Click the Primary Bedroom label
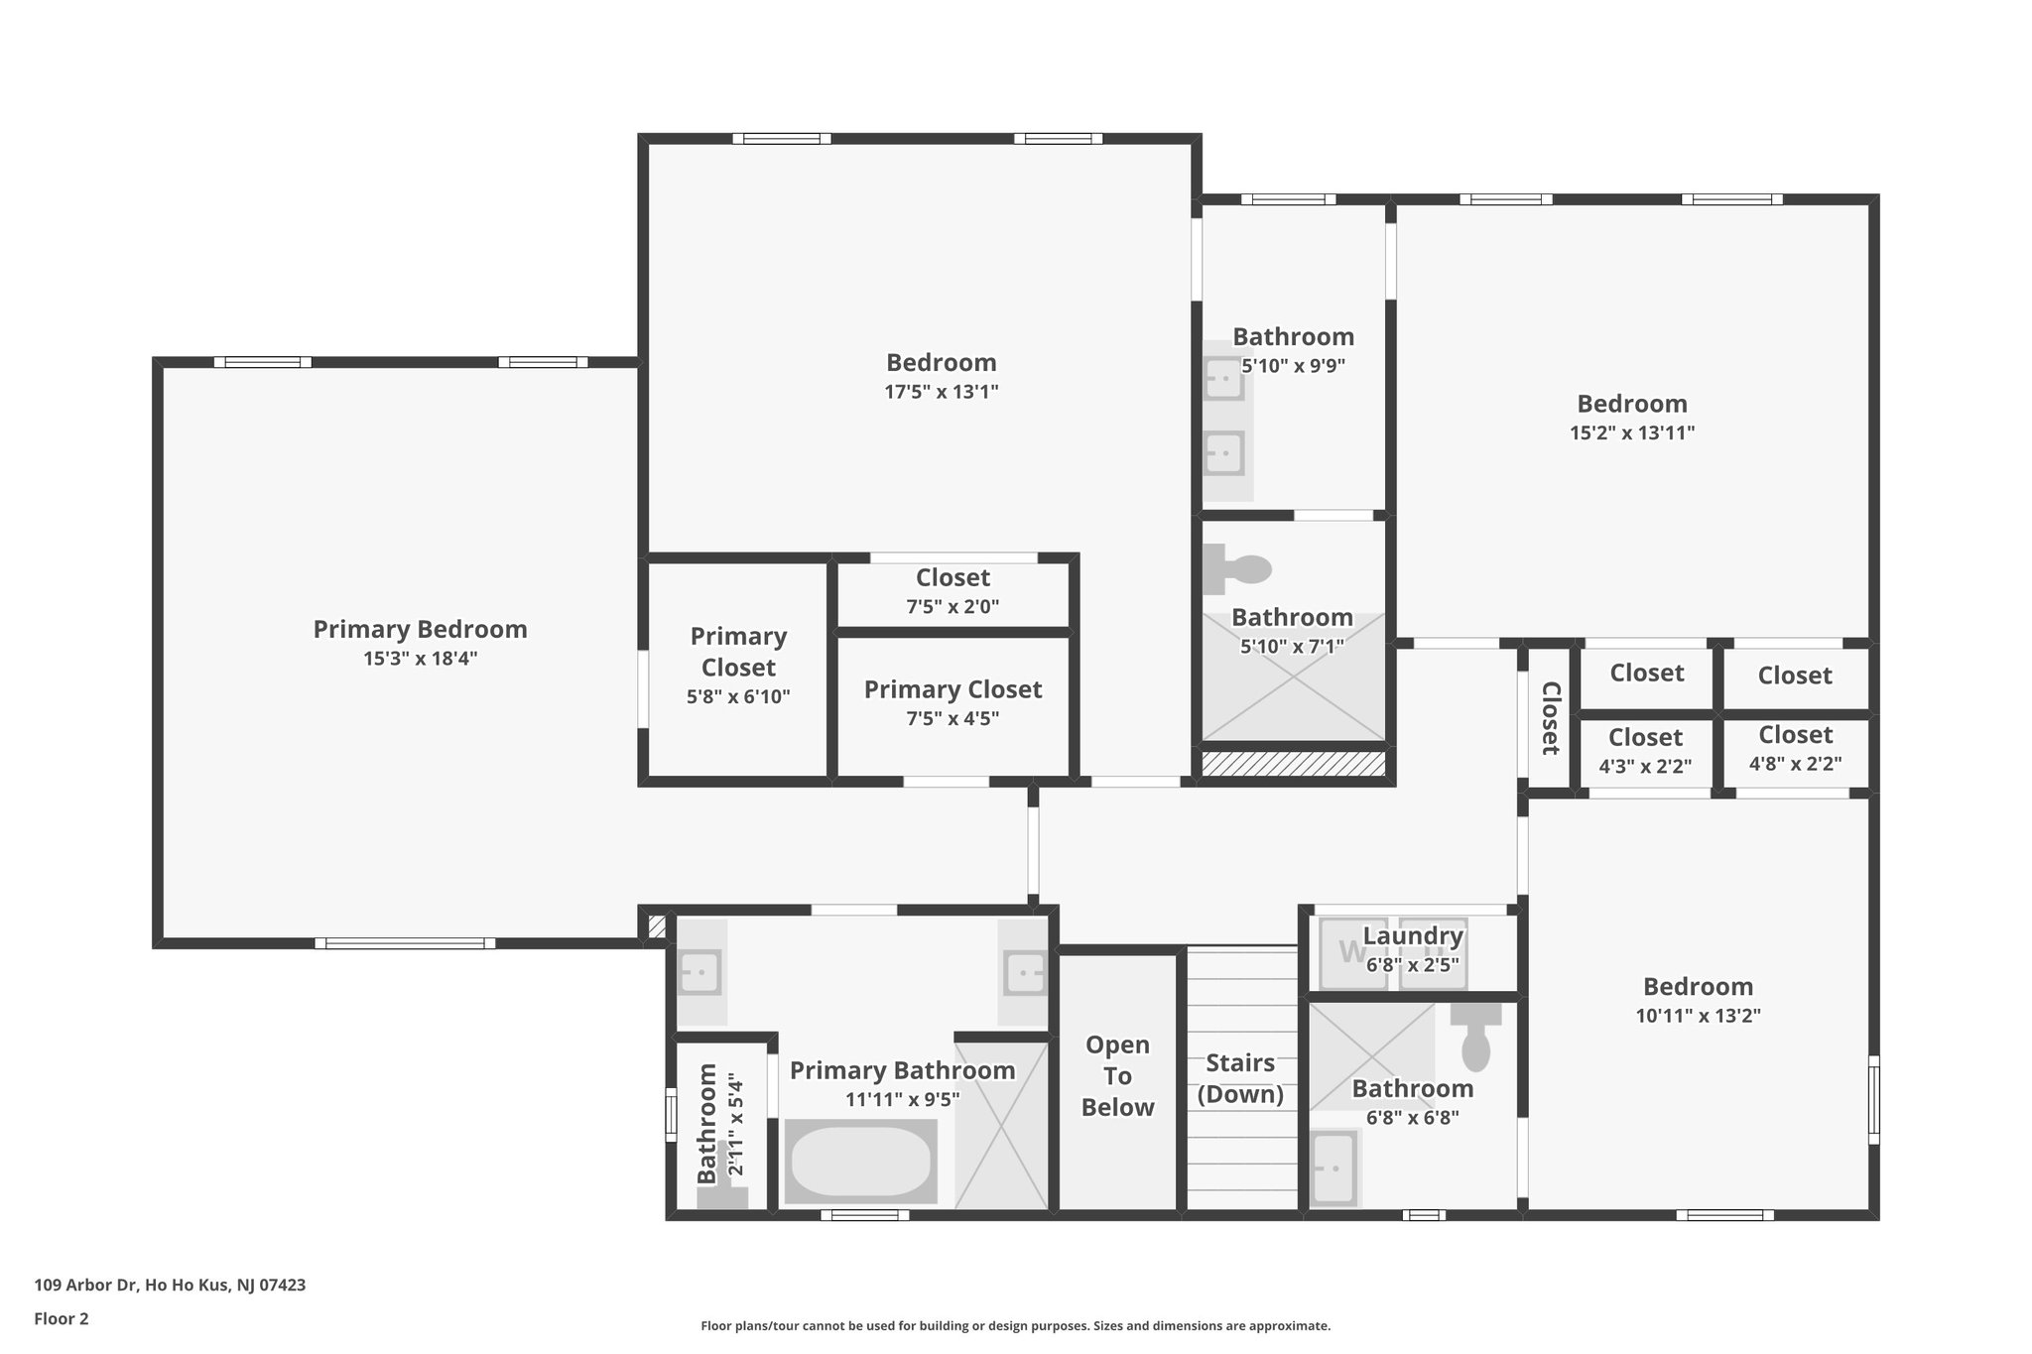click(420, 629)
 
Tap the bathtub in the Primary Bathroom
click(860, 1161)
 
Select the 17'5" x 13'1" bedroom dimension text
click(941, 392)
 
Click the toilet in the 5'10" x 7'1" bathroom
click(1238, 568)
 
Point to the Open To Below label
click(1117, 1076)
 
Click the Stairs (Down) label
click(1240, 1078)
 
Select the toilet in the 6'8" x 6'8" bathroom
click(1475, 1037)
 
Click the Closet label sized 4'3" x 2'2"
click(1645, 738)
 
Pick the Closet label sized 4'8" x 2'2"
click(1795, 735)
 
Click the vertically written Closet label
click(1550, 718)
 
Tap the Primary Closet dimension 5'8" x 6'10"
click(738, 697)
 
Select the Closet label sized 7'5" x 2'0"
click(952, 577)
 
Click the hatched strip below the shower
click(1293, 764)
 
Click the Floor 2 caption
click(62, 1318)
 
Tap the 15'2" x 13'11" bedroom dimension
click(1631, 432)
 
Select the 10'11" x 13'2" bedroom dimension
click(1698, 1016)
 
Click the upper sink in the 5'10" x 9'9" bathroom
click(1223, 378)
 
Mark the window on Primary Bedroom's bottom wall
click(405, 943)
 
